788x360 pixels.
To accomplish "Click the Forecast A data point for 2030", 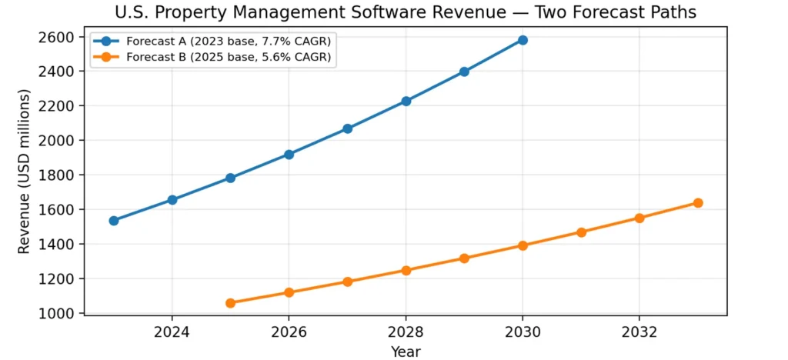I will (x=523, y=40).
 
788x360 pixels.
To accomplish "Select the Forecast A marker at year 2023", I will (x=114, y=221).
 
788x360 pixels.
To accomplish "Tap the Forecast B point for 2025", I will (x=230, y=303).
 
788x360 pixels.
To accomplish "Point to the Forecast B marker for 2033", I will (x=698, y=203).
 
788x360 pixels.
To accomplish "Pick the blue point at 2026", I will (x=289, y=155).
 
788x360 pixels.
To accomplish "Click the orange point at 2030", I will (x=523, y=246).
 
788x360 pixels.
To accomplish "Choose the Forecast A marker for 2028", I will (x=406, y=102).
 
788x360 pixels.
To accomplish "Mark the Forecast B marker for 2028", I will (x=406, y=271).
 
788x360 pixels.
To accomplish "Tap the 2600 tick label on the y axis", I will (x=58, y=37).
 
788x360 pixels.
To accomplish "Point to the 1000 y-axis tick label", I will (x=58, y=314).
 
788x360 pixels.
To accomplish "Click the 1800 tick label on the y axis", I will (x=58, y=175).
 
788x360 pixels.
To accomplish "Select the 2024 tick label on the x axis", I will (x=172, y=332).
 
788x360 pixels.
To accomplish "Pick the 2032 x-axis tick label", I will (x=639, y=332).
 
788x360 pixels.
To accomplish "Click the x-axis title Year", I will (x=406, y=351).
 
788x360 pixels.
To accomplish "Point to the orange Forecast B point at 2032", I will (x=639, y=218).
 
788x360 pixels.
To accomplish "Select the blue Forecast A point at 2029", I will (x=464, y=72).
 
